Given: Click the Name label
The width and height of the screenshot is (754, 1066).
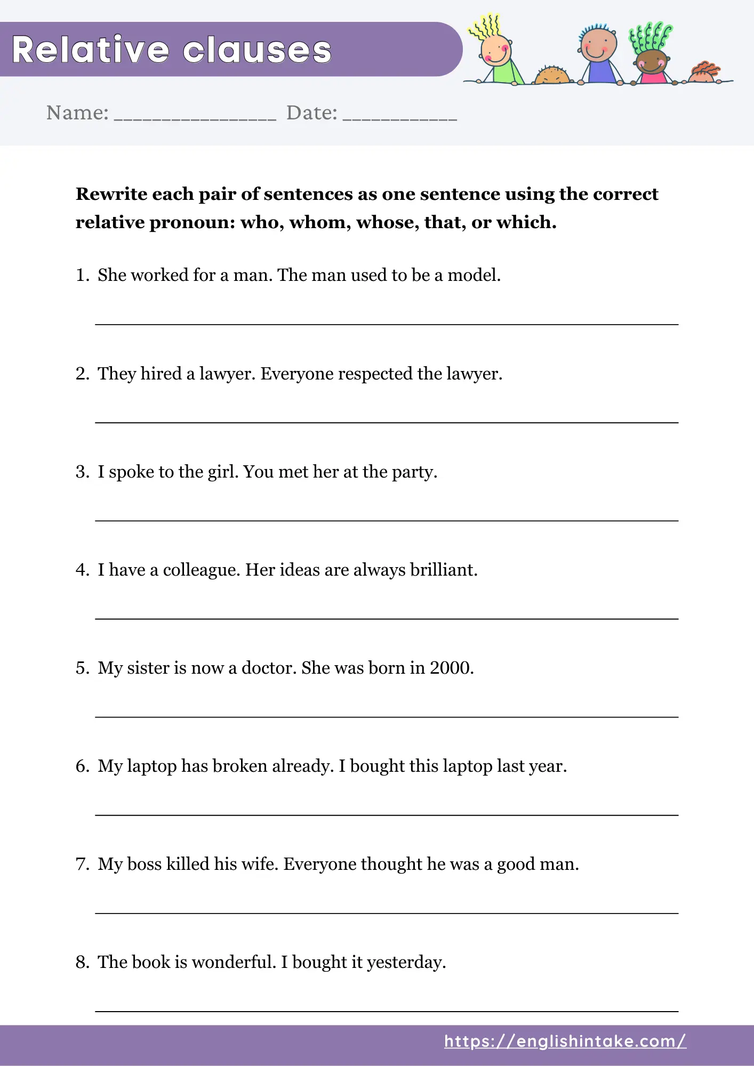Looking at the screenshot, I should (x=77, y=113).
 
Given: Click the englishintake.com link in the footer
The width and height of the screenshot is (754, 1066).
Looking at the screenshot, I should (x=565, y=1041).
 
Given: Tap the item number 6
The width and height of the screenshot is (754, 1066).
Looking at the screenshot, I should (x=82, y=766).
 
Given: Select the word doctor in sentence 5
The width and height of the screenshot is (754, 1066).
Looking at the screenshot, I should (x=267, y=668).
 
